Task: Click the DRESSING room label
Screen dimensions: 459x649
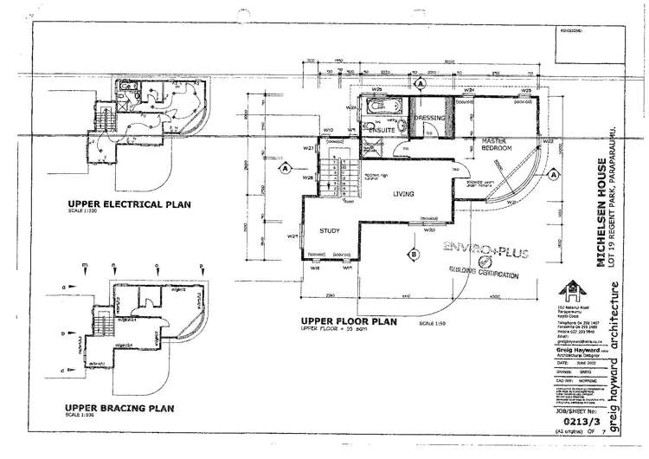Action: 429,117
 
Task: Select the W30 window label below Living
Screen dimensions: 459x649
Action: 429,230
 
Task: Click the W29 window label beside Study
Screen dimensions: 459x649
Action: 294,235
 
